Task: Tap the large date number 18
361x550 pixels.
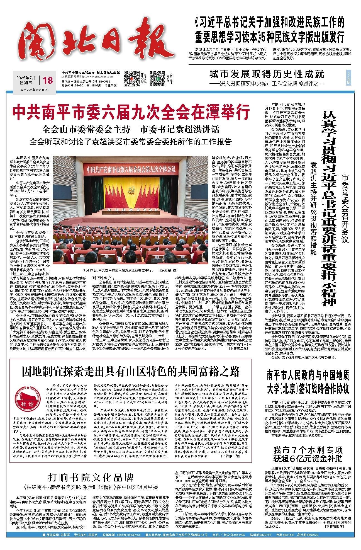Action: (48, 80)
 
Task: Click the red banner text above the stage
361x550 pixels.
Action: (131, 169)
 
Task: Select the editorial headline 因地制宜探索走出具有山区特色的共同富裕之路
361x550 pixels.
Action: (131, 372)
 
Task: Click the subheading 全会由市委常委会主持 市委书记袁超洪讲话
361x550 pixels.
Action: (131, 129)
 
